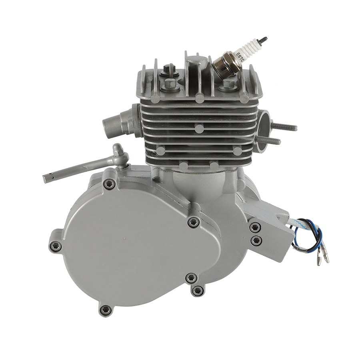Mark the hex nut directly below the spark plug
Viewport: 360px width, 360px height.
point(228,84)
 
